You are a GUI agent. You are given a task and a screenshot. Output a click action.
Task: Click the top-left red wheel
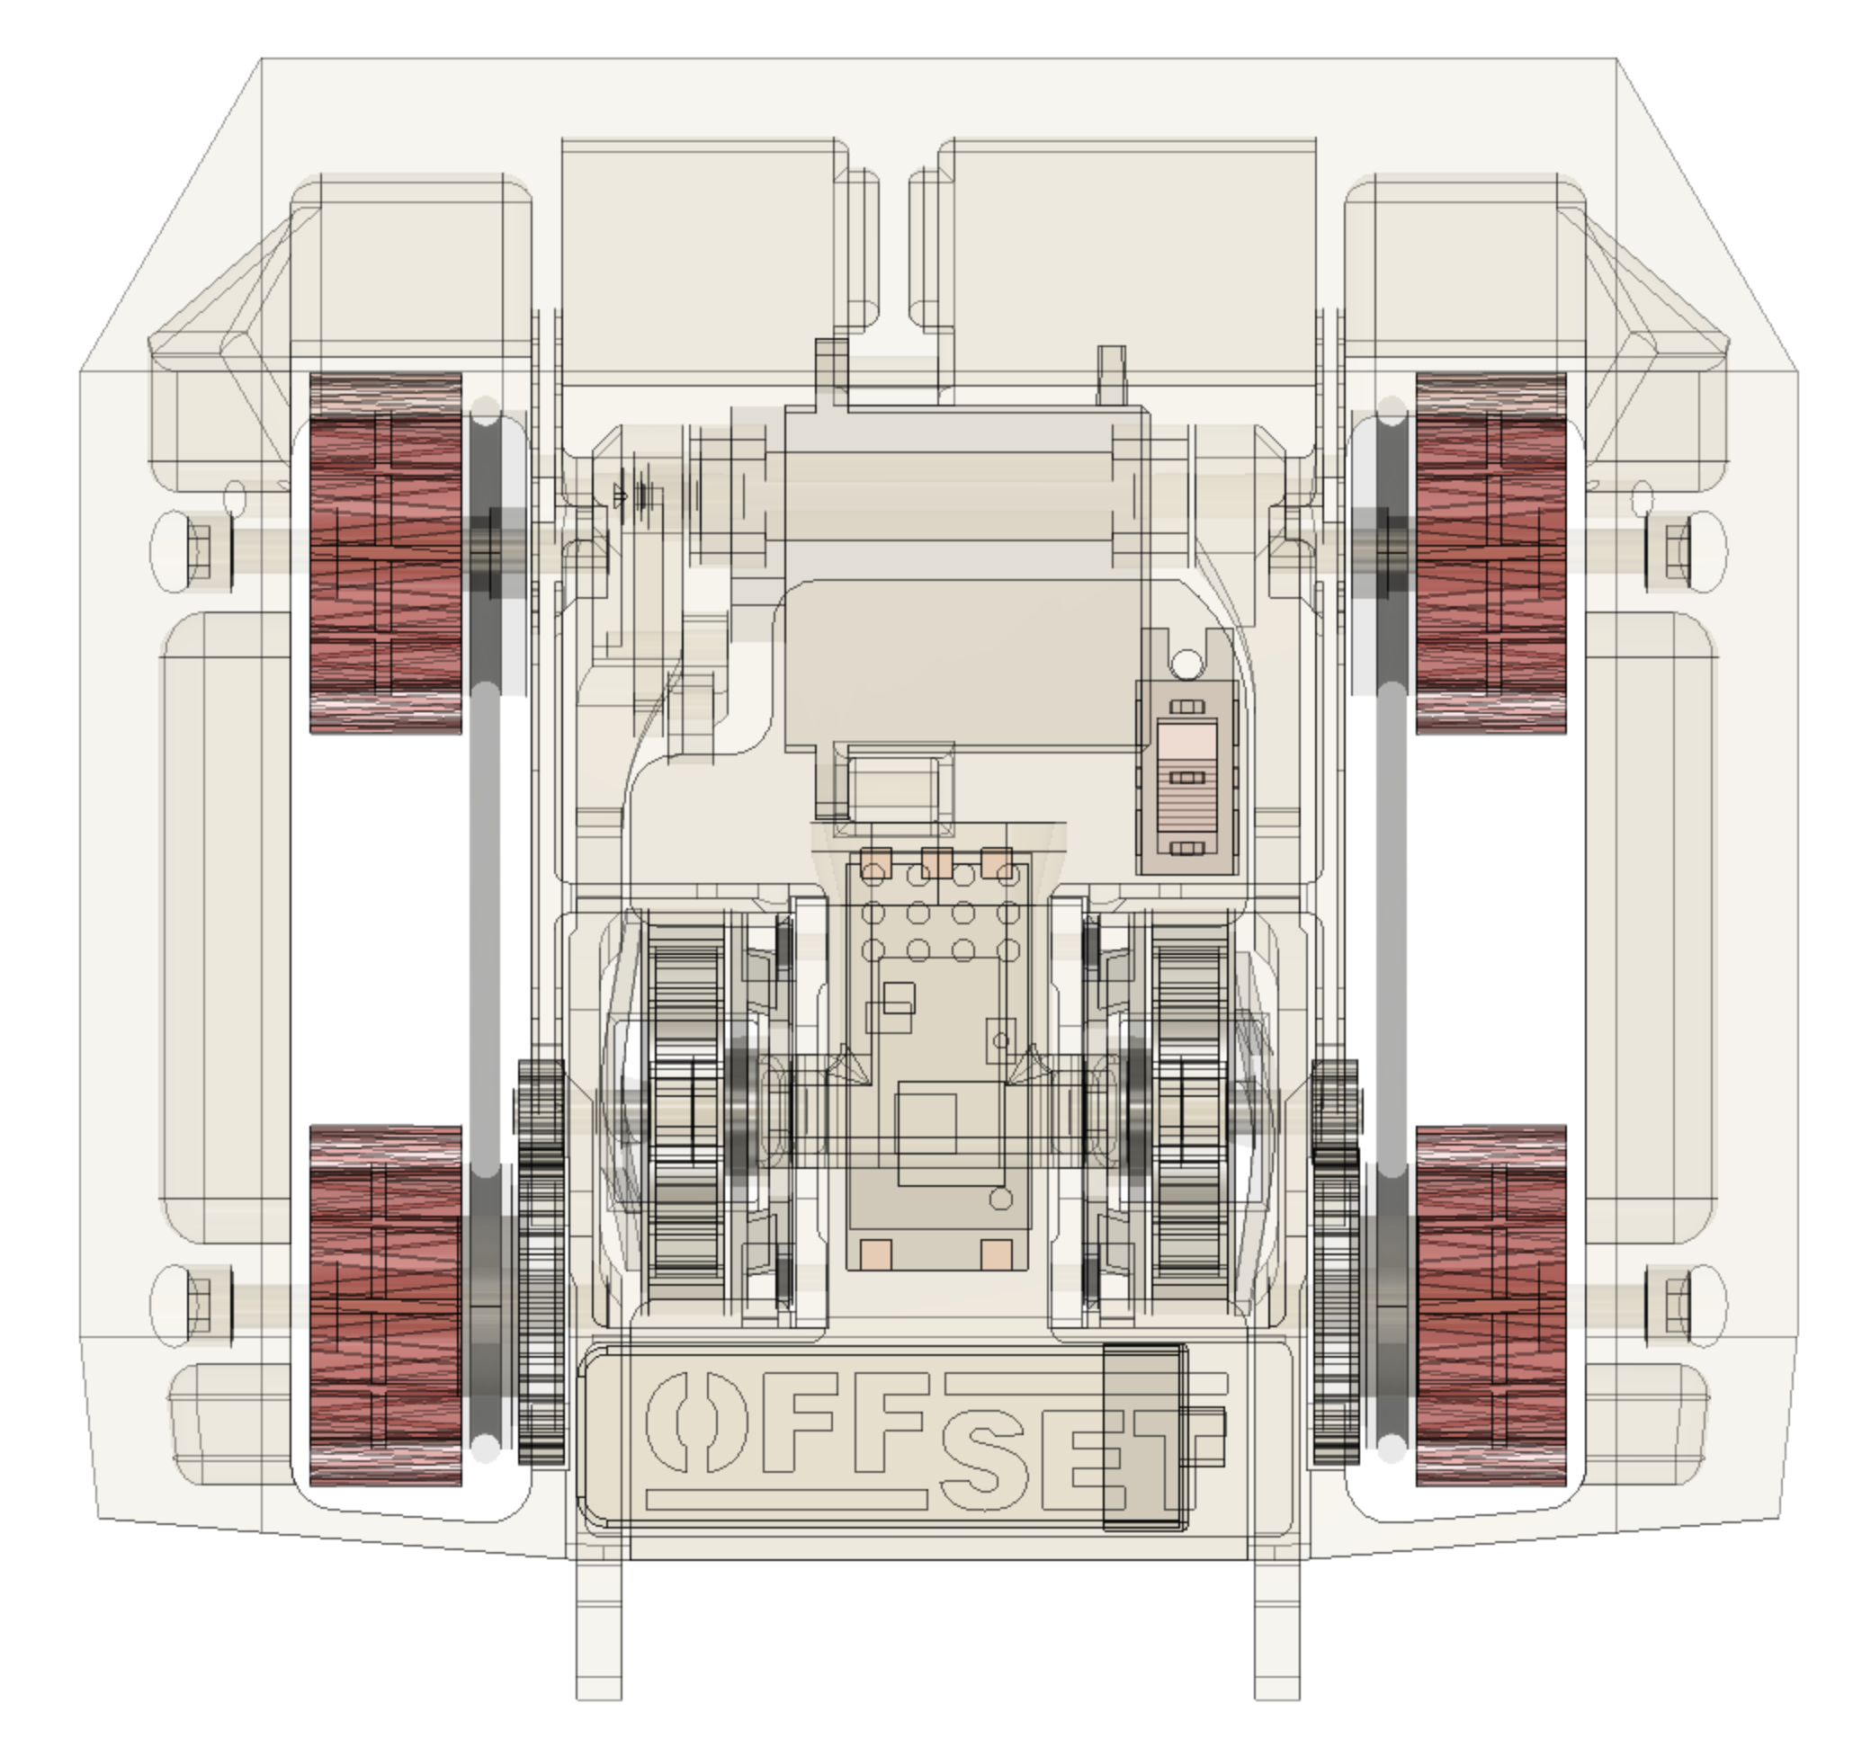386,552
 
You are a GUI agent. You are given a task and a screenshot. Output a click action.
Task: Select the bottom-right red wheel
1491,1305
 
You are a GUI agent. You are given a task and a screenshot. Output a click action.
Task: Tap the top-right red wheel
1491,552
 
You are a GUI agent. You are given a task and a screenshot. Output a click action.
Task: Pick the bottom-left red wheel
386,1305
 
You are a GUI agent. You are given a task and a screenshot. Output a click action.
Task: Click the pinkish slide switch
1186,777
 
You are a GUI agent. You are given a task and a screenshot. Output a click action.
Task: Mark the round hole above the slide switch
1188,664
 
